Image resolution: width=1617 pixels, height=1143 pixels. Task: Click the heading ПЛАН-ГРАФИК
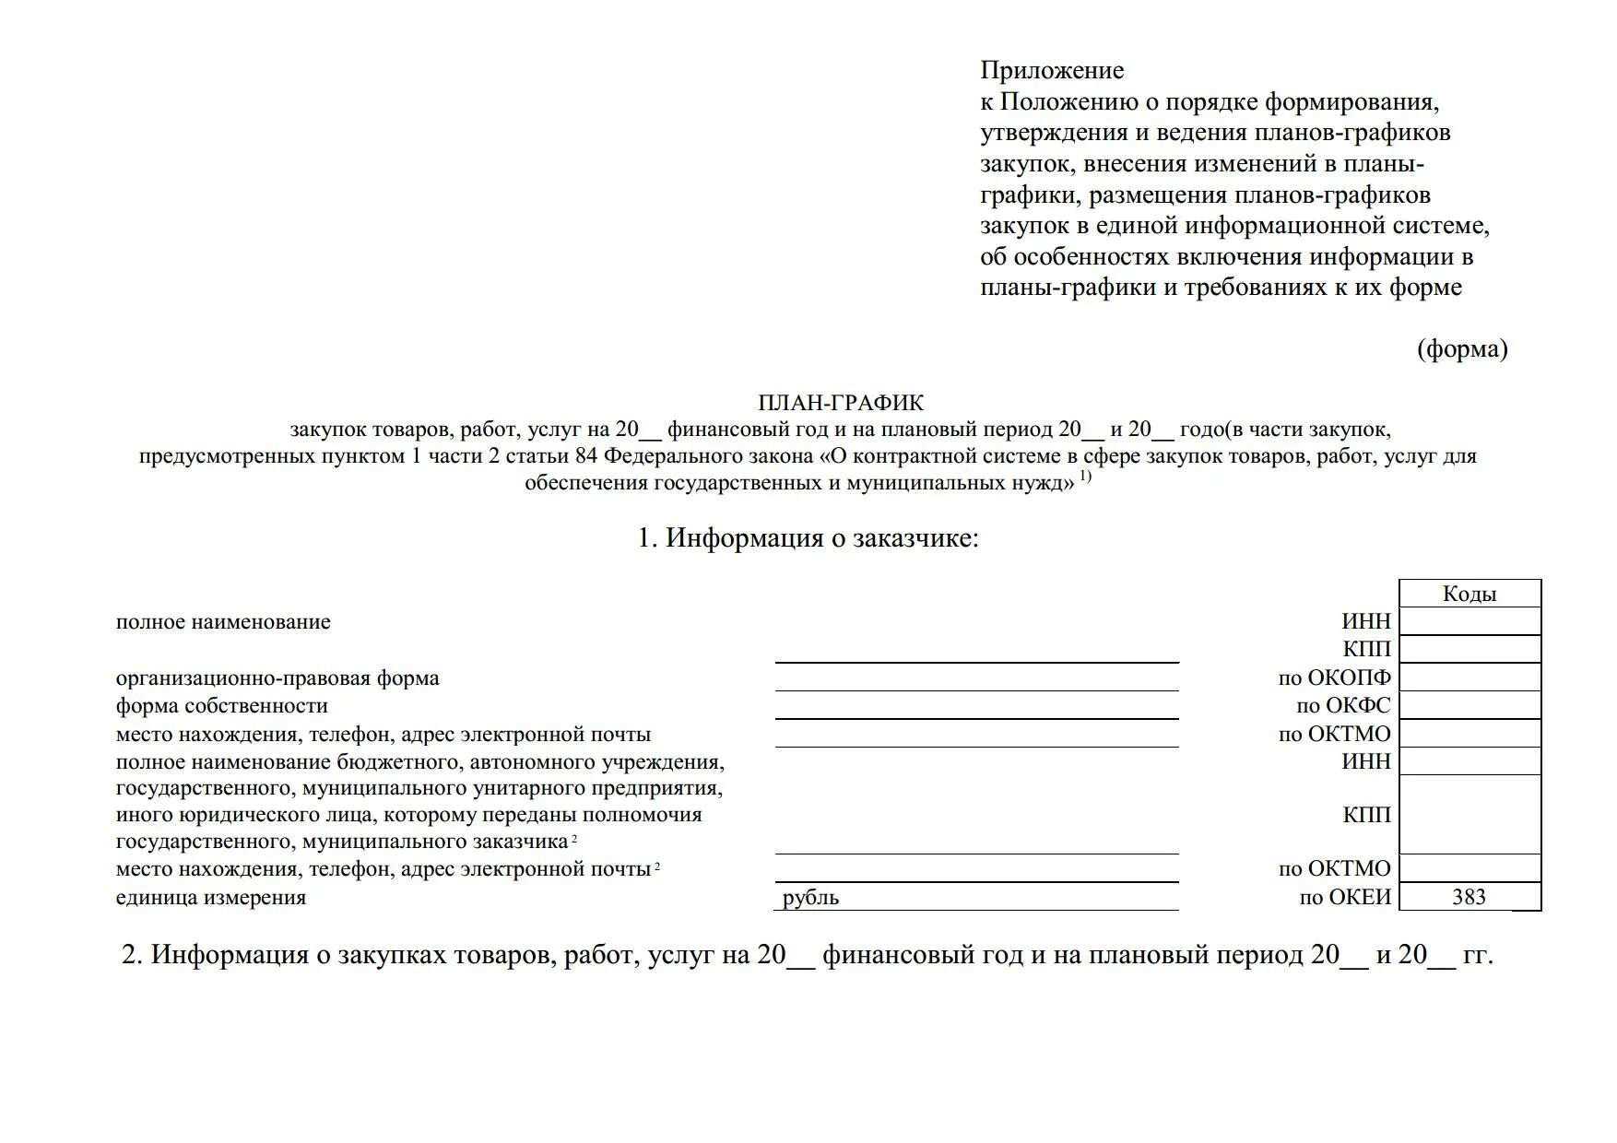(x=840, y=403)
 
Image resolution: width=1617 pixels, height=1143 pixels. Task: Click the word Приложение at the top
(x=1052, y=70)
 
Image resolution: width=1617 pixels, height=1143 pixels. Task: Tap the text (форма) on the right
(x=1462, y=349)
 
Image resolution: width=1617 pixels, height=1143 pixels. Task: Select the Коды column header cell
(x=1469, y=594)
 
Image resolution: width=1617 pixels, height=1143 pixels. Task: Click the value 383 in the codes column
(x=1469, y=897)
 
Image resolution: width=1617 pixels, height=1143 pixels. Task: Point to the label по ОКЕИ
(x=1344, y=897)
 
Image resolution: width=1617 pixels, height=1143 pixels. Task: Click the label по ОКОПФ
(x=1334, y=678)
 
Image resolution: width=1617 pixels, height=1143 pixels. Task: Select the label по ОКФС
(x=1343, y=706)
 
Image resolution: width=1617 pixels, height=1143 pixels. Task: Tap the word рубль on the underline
(x=810, y=897)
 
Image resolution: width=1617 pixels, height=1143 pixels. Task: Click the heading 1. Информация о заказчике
(x=808, y=537)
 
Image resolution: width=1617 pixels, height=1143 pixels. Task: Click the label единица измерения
(x=211, y=897)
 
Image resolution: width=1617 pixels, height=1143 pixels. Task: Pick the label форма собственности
(x=221, y=706)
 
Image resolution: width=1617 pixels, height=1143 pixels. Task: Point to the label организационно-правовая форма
(x=277, y=678)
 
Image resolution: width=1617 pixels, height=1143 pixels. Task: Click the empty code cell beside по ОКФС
(x=1469, y=706)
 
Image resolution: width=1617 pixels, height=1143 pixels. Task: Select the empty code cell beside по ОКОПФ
(x=1469, y=678)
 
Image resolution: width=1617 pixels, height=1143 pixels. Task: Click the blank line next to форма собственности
(x=976, y=708)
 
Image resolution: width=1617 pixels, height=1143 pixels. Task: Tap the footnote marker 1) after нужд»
(x=1085, y=477)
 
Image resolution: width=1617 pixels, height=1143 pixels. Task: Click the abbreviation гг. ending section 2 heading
(x=1478, y=954)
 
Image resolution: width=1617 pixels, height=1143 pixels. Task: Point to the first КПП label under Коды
(x=1366, y=650)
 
